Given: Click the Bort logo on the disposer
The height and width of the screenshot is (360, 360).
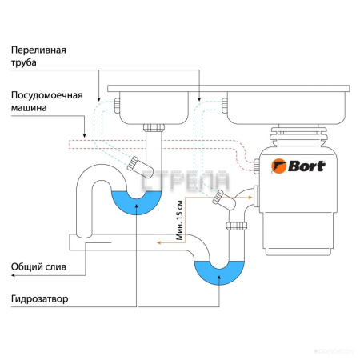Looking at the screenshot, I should [299, 166].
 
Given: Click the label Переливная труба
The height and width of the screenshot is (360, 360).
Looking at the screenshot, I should [38, 55].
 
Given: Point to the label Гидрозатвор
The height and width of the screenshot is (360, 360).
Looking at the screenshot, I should [39, 300].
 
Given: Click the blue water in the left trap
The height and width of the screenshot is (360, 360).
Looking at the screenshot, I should [134, 204].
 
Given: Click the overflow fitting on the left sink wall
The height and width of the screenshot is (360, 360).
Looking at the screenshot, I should [117, 106].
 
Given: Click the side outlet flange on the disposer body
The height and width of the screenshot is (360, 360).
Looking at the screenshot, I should [257, 194].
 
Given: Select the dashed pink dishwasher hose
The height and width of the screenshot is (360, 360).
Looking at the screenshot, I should [160, 146].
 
